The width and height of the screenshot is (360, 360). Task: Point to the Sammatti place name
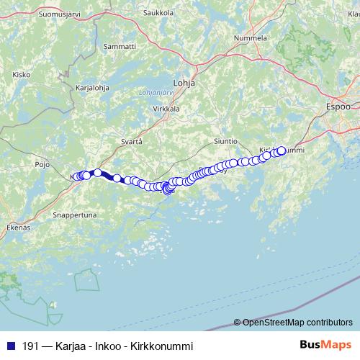pos(120,46)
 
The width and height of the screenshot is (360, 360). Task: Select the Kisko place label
pos(21,74)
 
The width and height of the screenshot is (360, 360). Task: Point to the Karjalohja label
pos(92,89)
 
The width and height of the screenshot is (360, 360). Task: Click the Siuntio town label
pos(228,142)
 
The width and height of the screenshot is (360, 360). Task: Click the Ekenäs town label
pos(19,228)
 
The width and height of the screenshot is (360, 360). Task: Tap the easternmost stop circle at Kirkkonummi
pos(281,150)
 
